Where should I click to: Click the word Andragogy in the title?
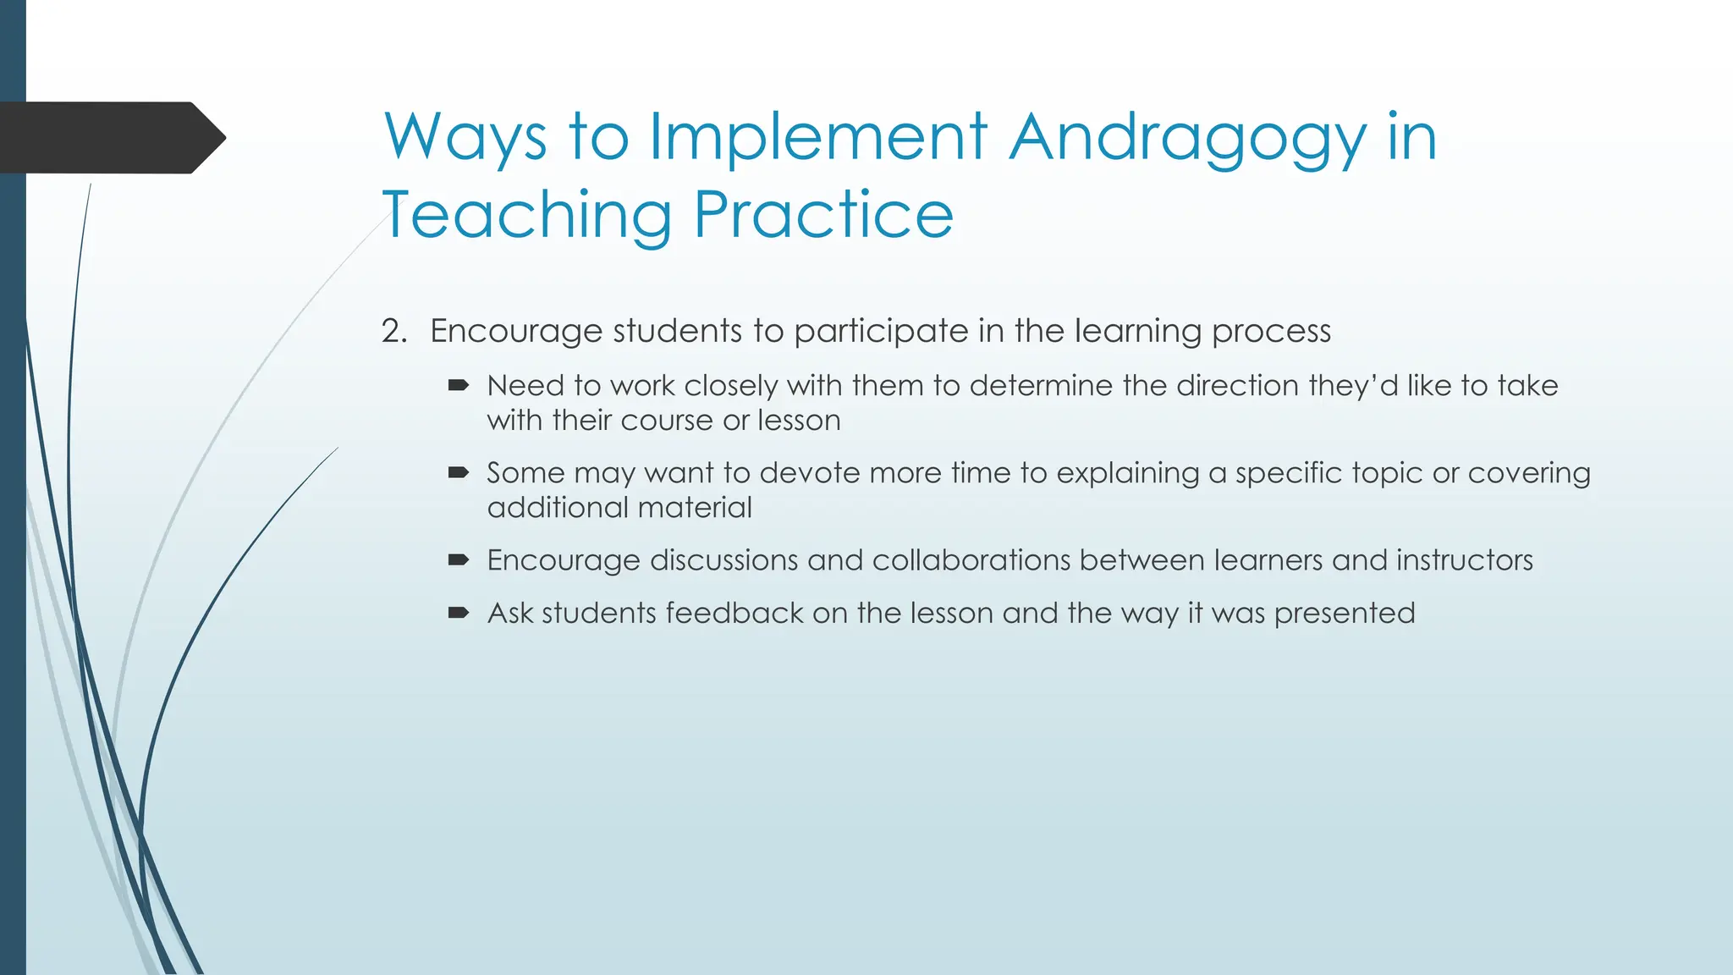tap(1188, 137)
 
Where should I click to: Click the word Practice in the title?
tap(823, 215)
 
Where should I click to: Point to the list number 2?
tap(393, 331)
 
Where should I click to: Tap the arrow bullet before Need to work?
tap(459, 386)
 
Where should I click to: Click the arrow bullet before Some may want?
tap(459, 473)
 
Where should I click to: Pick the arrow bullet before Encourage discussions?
tap(459, 560)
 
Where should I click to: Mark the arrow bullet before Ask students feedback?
tap(459, 613)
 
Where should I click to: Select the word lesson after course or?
tap(799, 421)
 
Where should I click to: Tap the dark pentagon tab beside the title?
tap(110, 137)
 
